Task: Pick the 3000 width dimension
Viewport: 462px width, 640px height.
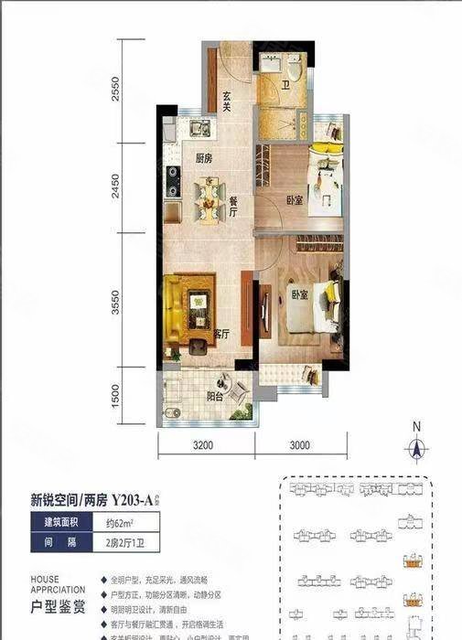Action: point(297,446)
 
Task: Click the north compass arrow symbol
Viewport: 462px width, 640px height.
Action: point(416,445)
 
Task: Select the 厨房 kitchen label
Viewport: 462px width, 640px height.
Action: point(204,158)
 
